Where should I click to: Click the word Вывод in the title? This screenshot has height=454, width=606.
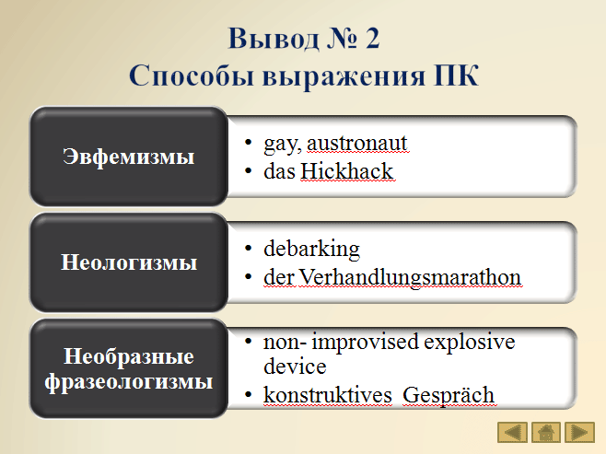274,39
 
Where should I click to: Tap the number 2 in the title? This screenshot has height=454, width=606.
372,38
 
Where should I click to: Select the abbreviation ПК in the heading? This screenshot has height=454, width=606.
456,75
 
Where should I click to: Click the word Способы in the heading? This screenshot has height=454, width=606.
192,75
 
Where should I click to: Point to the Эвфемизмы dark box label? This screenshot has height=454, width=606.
128,157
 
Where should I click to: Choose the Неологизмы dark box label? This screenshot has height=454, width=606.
129,262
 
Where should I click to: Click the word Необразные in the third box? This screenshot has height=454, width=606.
129,355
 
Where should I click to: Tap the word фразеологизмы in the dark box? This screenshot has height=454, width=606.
129,382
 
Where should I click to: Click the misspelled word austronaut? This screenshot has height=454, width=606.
357,143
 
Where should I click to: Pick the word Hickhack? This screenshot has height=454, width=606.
346,171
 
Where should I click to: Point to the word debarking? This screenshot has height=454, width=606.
311,250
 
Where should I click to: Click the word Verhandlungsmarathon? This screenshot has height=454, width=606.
410,277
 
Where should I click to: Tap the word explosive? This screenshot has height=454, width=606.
470,342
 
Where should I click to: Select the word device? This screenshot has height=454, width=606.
295,367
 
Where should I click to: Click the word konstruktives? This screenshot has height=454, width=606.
328,395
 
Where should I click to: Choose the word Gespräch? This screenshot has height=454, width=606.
449,396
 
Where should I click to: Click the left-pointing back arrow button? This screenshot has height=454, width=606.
512,432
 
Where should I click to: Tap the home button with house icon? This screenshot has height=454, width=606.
546,432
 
